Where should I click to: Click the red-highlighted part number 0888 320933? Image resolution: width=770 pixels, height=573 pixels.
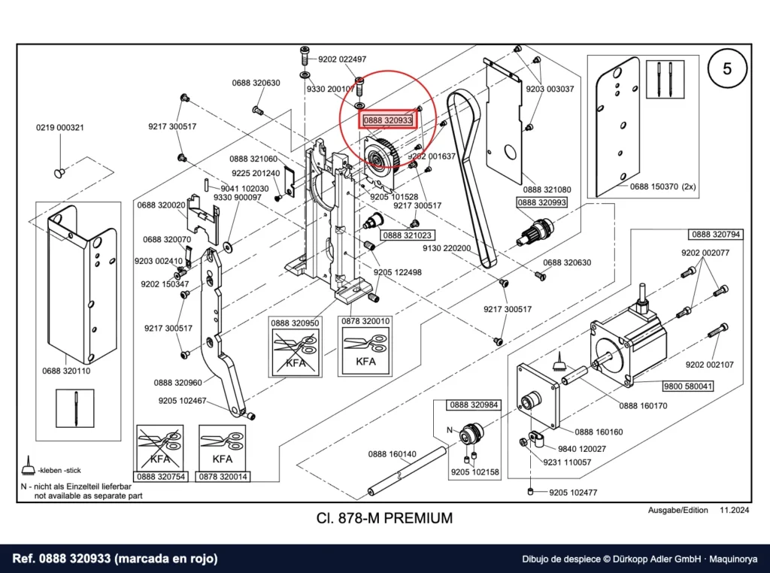pyautogui.click(x=388, y=120)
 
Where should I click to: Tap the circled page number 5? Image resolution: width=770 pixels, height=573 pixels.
pyautogui.click(x=727, y=68)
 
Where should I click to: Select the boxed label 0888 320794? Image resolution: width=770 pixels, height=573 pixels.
pyautogui.click(x=716, y=235)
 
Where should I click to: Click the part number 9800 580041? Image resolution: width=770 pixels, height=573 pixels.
pyautogui.click(x=687, y=387)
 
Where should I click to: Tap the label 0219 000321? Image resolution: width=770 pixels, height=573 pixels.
pyautogui.click(x=60, y=128)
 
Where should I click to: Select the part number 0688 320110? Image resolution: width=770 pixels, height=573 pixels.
pyautogui.click(x=66, y=371)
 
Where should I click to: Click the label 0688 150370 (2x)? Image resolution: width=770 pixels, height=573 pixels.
pyautogui.click(x=663, y=186)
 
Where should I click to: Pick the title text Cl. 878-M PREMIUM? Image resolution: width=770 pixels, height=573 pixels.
pyautogui.click(x=384, y=518)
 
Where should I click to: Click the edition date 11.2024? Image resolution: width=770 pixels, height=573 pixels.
pyautogui.click(x=735, y=510)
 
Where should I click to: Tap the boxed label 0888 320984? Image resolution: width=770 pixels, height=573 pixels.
pyautogui.click(x=474, y=405)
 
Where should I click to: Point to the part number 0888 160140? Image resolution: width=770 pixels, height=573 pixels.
pyautogui.click(x=393, y=454)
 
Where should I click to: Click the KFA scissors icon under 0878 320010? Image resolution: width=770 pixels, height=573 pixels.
pyautogui.click(x=365, y=350)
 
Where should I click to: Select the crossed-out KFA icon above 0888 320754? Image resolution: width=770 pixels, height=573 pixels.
pyautogui.click(x=160, y=447)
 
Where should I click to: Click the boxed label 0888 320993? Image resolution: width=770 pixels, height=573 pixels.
pyautogui.click(x=541, y=202)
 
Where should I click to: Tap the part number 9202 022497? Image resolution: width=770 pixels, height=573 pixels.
pyautogui.click(x=342, y=59)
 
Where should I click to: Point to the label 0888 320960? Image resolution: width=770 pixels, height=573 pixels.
pyautogui.click(x=177, y=383)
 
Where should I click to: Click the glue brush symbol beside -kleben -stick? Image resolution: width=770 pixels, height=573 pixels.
pyautogui.click(x=29, y=465)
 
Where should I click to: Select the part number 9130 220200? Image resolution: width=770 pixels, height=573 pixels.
pyautogui.click(x=447, y=248)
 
